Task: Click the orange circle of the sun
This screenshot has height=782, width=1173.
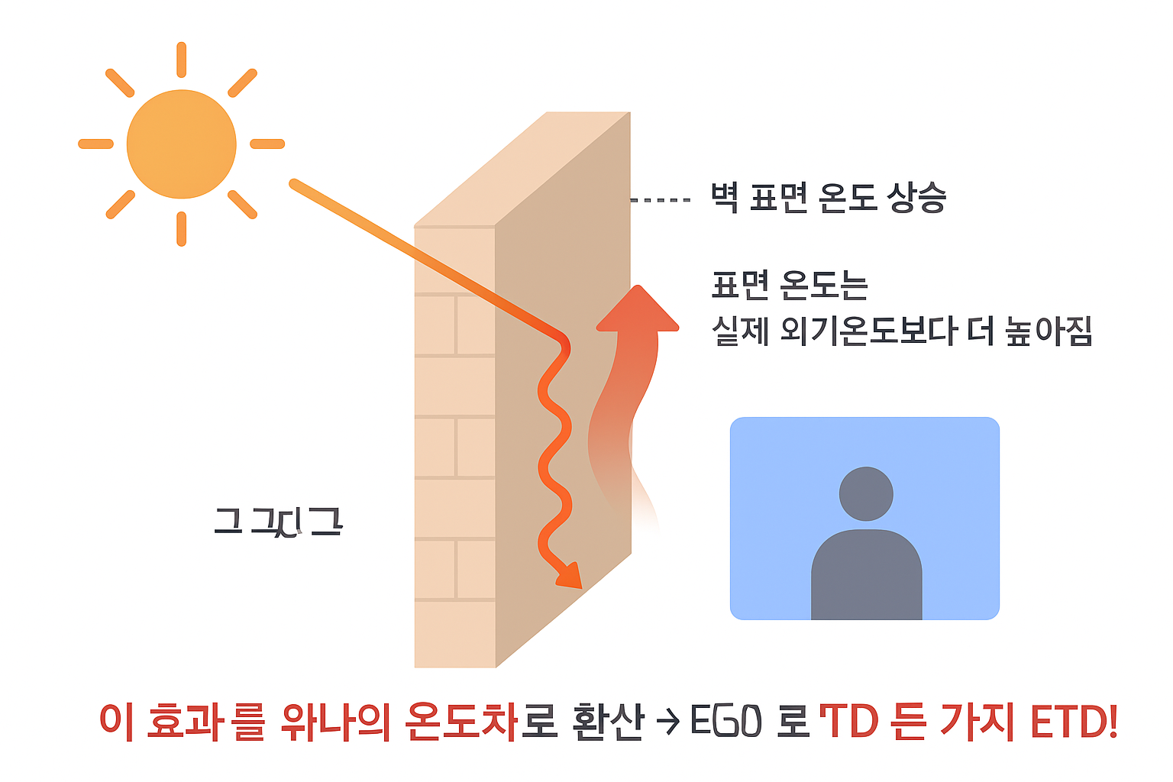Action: coord(181,144)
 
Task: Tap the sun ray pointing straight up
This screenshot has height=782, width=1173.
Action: coord(181,60)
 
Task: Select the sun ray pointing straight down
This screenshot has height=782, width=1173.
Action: coord(181,228)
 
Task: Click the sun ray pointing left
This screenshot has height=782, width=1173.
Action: coord(96,144)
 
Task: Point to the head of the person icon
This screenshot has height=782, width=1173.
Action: coord(866,493)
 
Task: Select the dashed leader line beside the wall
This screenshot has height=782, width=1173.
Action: coord(661,200)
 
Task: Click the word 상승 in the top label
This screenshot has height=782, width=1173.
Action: coord(916,199)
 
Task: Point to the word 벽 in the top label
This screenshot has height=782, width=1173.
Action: coord(724,199)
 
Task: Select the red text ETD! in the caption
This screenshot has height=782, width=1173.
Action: coord(1074,721)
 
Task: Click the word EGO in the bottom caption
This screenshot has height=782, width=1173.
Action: coord(725,721)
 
